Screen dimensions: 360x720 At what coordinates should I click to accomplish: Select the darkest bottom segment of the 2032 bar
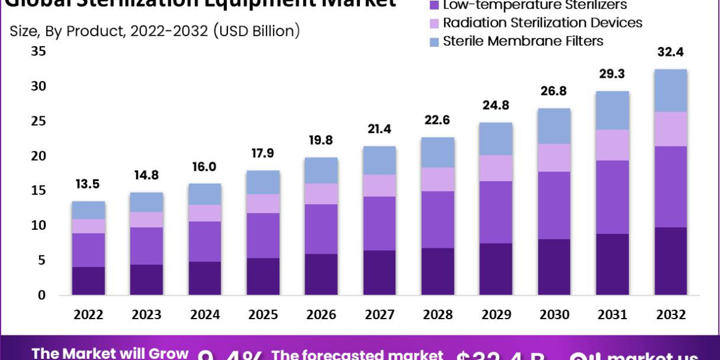670,261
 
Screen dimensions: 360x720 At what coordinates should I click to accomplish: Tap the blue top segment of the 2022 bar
89,210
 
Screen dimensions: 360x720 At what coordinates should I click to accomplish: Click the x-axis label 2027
379,314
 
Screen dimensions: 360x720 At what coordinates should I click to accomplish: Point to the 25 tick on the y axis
38,121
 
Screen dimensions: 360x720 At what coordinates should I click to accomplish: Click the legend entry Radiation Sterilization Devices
542,23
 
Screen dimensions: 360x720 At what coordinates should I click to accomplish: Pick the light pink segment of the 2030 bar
554,158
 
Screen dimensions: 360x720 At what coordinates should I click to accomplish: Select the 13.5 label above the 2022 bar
89,184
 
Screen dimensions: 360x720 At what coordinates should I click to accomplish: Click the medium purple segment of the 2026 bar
322,229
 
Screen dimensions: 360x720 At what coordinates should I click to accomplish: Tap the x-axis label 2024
205,314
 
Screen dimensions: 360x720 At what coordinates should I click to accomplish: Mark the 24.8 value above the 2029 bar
496,105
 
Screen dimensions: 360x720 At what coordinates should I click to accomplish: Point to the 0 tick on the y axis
41,295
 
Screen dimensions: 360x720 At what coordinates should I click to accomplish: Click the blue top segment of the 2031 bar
612,110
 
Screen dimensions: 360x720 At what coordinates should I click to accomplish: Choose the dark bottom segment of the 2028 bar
437,271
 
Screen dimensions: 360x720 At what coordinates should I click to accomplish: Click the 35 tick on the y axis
38,52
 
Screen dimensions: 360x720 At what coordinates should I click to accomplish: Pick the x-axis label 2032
670,314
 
